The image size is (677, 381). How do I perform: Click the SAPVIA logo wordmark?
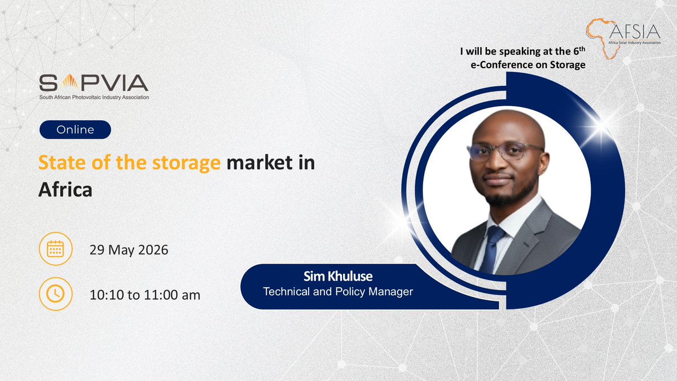point(93,84)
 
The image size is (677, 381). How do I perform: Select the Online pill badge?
point(75,130)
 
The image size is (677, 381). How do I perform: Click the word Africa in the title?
point(65,190)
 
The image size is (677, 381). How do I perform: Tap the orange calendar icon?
point(55,249)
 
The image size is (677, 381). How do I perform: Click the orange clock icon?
point(55,294)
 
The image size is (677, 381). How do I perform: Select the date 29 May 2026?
point(129,249)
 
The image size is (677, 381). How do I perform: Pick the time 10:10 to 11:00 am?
point(145,294)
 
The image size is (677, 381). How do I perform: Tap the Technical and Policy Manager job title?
point(338,292)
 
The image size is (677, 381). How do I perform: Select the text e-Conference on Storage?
point(527,65)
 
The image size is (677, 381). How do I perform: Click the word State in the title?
point(59,163)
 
